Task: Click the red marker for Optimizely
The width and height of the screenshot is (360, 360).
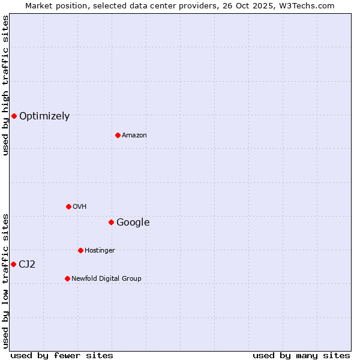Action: [14, 116]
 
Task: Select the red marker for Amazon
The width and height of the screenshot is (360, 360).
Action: [118, 135]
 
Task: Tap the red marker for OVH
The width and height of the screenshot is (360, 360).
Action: [68, 206]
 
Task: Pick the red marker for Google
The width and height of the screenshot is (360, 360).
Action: [111, 222]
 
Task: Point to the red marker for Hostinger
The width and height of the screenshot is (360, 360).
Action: [80, 250]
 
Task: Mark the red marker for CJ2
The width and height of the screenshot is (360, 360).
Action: [13, 264]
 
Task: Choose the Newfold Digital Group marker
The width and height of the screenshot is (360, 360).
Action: [67, 278]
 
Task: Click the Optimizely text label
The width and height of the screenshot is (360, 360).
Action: [44, 116]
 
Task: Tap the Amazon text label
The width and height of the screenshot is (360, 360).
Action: [134, 136]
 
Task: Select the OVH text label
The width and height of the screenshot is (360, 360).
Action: [80, 207]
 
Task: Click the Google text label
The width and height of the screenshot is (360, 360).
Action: [133, 223]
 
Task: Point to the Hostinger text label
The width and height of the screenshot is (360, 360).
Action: [100, 251]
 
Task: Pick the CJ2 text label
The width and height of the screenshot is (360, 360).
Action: [27, 265]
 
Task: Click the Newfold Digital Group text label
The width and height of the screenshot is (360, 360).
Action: [107, 279]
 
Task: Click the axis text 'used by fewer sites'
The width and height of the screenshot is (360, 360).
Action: [62, 355]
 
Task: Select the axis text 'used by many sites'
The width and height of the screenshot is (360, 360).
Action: [301, 355]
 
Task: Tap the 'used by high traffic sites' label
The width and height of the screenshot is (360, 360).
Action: [5, 85]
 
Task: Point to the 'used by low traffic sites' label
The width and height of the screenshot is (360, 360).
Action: [5, 281]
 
